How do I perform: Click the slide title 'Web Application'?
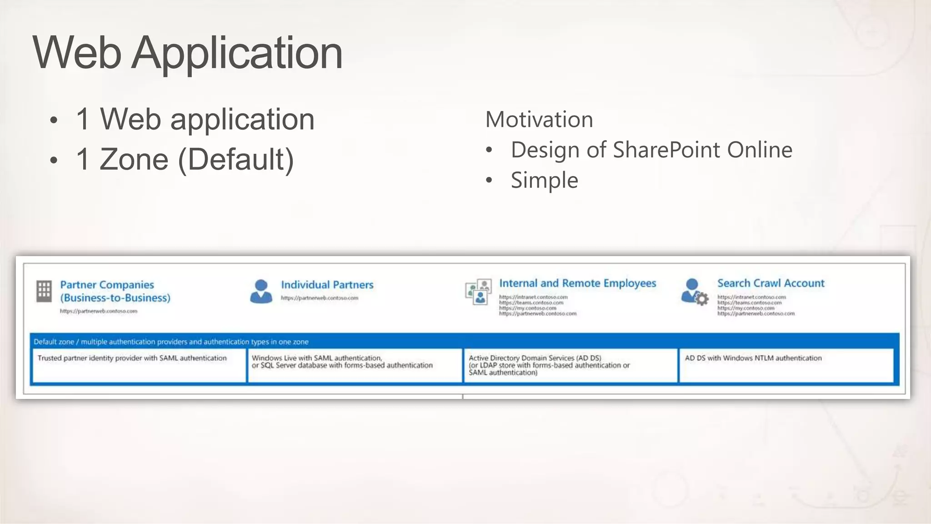[187, 53]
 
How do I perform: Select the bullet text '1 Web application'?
[195, 120]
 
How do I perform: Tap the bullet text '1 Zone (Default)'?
[185, 160]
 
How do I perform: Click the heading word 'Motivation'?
[539, 120]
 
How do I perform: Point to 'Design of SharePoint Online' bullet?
[651, 150]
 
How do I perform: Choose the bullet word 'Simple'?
[544, 181]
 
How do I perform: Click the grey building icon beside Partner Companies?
[44, 291]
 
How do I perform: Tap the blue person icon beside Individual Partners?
[261, 291]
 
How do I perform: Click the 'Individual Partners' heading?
[327, 285]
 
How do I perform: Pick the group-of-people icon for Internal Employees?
[478, 292]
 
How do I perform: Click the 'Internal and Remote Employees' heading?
[577, 283]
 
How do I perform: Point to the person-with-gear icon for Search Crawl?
[694, 292]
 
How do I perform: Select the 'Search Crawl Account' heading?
[771, 283]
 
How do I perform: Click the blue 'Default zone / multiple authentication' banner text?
[171, 342]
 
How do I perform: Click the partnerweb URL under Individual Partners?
[319, 298]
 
